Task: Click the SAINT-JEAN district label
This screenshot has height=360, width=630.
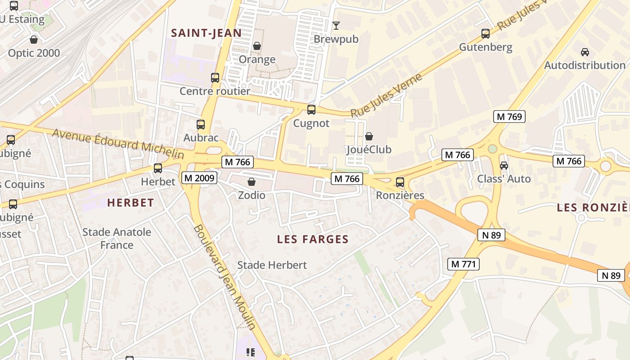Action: [207, 33]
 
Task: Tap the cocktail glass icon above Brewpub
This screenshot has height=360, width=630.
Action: [336, 25]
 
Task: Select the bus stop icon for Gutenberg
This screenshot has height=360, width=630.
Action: [485, 33]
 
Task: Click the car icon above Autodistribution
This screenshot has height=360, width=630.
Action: [585, 52]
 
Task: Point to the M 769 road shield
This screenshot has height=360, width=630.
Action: [509, 117]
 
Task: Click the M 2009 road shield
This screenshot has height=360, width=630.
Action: [200, 178]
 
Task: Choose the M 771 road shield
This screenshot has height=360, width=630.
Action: [463, 264]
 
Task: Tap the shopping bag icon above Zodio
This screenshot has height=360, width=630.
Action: [252, 182]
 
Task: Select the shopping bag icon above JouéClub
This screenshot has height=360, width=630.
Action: [369, 136]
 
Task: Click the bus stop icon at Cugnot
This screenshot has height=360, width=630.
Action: [311, 109]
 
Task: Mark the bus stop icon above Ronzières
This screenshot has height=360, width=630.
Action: [400, 182]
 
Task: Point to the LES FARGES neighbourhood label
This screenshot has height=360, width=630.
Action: [313, 239]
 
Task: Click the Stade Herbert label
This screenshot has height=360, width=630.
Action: [272, 265]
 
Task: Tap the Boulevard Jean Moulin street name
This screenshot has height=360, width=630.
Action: [225, 277]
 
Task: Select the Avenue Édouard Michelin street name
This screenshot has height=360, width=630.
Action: [118, 144]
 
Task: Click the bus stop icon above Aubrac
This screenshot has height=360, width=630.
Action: [201, 124]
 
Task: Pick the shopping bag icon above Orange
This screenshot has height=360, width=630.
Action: [256, 46]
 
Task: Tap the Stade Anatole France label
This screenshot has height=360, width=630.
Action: [117, 238]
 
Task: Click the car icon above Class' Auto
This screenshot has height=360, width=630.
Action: [504, 165]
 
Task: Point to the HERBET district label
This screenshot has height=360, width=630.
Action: [130, 203]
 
